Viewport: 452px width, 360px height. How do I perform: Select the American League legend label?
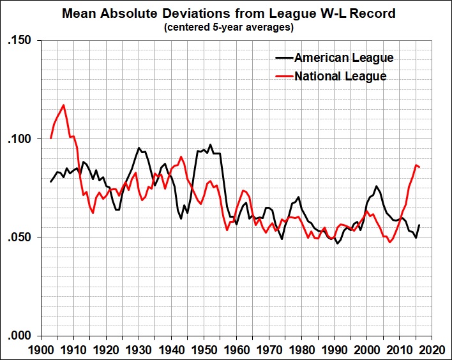pos(343,58)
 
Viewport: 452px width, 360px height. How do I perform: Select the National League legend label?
pos(340,77)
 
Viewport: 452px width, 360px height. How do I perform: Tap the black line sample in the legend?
pos(283,58)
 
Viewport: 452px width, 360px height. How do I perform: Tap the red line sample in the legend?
pos(283,77)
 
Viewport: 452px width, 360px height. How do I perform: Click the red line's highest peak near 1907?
pos(63,105)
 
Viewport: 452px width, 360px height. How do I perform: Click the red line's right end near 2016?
pos(419,167)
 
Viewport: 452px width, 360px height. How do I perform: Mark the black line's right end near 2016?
pos(419,225)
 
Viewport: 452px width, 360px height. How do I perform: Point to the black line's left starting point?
pos(50,182)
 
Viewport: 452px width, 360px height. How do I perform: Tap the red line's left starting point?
pos(50,138)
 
